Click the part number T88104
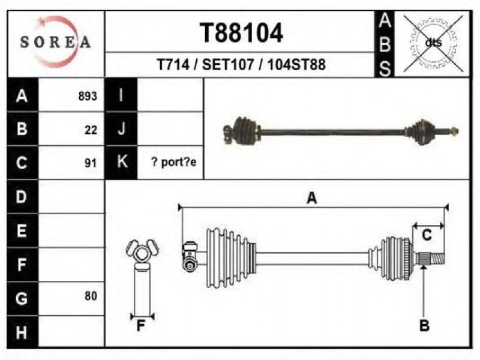tap(241, 33)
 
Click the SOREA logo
tap(55, 41)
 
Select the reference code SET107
tap(228, 65)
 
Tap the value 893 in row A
tap(88, 96)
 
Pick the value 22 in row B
tap(91, 130)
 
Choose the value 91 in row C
tap(91, 163)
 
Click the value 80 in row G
tap(91, 296)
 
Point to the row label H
tap(21, 332)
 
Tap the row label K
tap(122, 161)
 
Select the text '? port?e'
tap(174, 162)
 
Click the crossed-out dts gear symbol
tap(433, 43)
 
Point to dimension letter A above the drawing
tap(311, 198)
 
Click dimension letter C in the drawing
tap(427, 235)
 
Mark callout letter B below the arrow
tap(424, 325)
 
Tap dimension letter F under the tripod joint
tap(140, 326)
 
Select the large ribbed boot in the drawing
tap(231, 258)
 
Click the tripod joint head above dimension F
tap(142, 253)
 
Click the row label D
tap(21, 197)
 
